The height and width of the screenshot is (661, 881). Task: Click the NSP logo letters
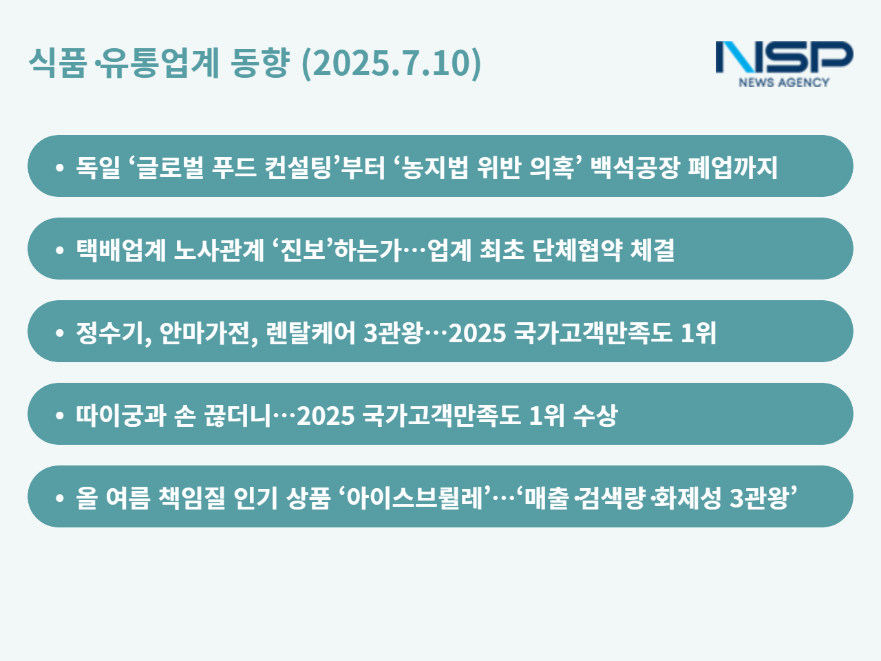[784, 57]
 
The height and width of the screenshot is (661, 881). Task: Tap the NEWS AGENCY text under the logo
[784, 82]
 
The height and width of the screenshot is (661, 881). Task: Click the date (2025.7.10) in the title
[392, 63]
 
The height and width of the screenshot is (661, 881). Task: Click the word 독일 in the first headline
[98, 167]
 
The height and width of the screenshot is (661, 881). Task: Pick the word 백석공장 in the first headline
[635, 167]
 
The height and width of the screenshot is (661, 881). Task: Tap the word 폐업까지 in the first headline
[733, 167]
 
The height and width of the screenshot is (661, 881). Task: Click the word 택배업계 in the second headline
[121, 250]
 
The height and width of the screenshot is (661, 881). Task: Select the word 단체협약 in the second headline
[577, 250]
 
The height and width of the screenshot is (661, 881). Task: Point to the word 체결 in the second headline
[652, 250]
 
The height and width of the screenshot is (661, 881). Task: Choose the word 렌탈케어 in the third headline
[310, 333]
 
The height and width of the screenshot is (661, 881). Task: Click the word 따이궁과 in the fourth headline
[121, 415]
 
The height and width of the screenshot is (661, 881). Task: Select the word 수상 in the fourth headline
[595, 415]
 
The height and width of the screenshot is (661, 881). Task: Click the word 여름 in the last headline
[128, 498]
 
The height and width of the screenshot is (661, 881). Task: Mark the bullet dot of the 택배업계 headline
[60, 250]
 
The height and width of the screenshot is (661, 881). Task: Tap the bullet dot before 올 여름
[60, 498]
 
